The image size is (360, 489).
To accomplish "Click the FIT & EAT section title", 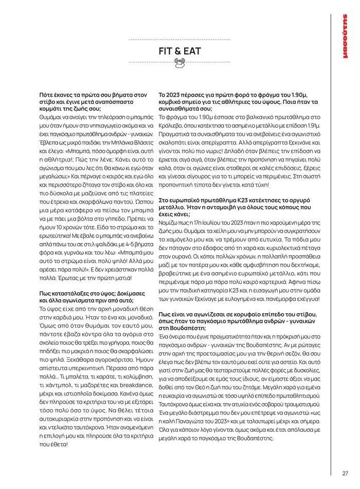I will (x=179, y=51).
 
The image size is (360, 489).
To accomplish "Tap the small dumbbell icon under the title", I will (x=179, y=63).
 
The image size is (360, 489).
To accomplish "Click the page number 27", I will (x=345, y=474).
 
